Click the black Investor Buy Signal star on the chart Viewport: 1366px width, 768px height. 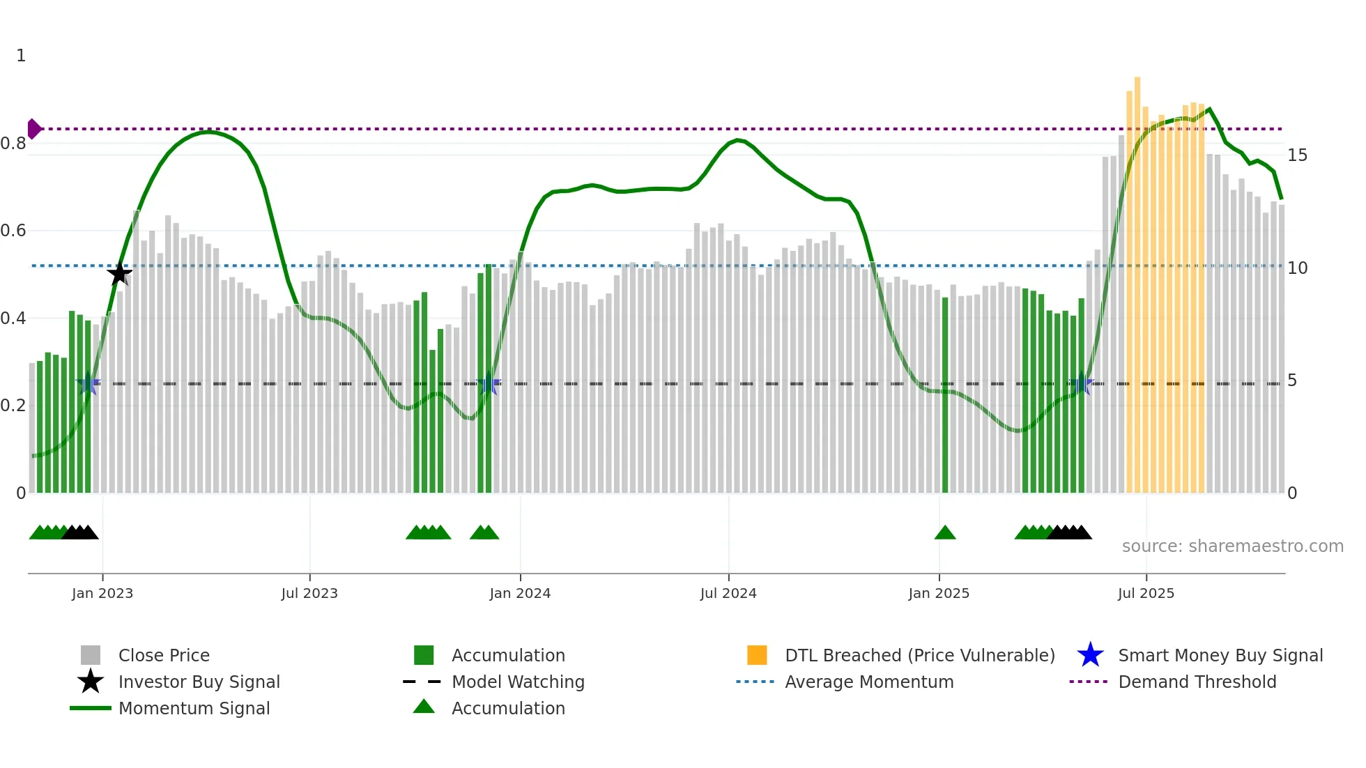pos(119,273)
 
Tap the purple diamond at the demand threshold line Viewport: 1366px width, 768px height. pos(33,129)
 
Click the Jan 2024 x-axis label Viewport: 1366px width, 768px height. pos(520,593)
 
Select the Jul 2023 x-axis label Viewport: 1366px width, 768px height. pos(309,593)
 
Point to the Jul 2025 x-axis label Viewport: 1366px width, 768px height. pos(1146,593)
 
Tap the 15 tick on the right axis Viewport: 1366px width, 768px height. pos(1297,155)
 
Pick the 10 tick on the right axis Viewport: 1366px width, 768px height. pos(1297,268)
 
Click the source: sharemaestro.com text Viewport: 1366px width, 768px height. pos(1232,546)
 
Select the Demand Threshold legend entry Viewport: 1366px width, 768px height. pos(1197,682)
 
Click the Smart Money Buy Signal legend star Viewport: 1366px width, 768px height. pos(1090,655)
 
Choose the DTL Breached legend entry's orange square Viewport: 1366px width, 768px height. pos(757,655)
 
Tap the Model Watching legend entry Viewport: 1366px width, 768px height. pos(517,682)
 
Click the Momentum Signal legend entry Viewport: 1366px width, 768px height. pos(194,708)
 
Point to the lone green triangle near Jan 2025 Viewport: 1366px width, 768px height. pos(945,533)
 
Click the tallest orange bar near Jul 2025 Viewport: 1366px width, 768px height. pos(1137,279)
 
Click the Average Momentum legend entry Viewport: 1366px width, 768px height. pos(868,682)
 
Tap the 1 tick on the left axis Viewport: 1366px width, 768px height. pos(21,56)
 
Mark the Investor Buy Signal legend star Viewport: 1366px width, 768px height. pos(91,682)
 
